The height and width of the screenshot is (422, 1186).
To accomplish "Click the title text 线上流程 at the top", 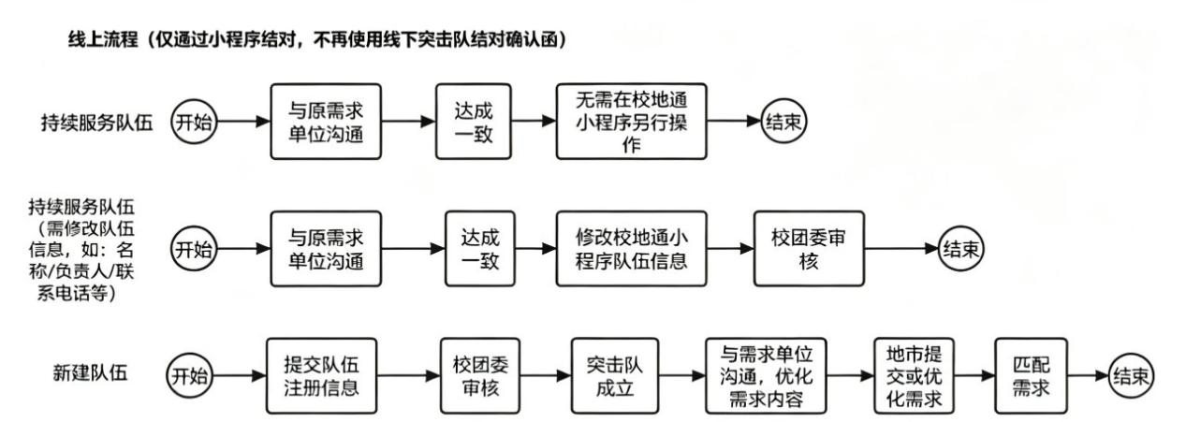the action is tap(103, 39).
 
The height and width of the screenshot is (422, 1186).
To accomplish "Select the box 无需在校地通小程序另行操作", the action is tap(631, 122).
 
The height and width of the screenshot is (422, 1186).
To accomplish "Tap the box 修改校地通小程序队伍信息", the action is tap(631, 249).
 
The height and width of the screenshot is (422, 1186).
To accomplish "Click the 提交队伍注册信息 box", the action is tap(321, 376).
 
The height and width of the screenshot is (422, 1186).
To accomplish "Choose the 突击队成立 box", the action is tap(615, 376).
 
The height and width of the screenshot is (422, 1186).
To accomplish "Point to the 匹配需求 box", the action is tap(1031, 376).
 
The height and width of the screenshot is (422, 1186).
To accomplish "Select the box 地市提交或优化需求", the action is tap(914, 376).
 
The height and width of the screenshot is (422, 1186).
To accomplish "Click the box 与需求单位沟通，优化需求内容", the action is tap(766, 376).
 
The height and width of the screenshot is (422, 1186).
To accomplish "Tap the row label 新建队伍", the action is tap(90, 372).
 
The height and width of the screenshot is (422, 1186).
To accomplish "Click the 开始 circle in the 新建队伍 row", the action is tap(189, 376).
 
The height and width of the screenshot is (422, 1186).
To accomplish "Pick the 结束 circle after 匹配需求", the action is tap(1131, 376).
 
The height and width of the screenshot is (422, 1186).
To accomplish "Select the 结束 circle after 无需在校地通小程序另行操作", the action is tap(783, 122).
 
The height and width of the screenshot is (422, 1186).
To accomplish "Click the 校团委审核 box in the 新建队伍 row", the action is tap(479, 376).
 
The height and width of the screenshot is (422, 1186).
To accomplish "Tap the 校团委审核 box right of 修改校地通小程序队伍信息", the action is tap(809, 249).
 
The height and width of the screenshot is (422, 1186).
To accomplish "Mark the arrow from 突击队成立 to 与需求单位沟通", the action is tap(682, 376).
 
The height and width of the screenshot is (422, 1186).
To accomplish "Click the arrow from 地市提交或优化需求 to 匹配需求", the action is tap(974, 376).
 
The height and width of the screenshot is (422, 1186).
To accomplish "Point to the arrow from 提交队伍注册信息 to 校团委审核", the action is tap(408, 376).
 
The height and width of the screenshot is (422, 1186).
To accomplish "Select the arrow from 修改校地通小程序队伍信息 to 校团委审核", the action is tap(730, 249).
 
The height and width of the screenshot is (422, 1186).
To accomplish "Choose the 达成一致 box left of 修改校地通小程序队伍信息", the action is tap(479, 249).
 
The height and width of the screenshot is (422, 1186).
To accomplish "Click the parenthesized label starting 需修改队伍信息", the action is tap(82, 260).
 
